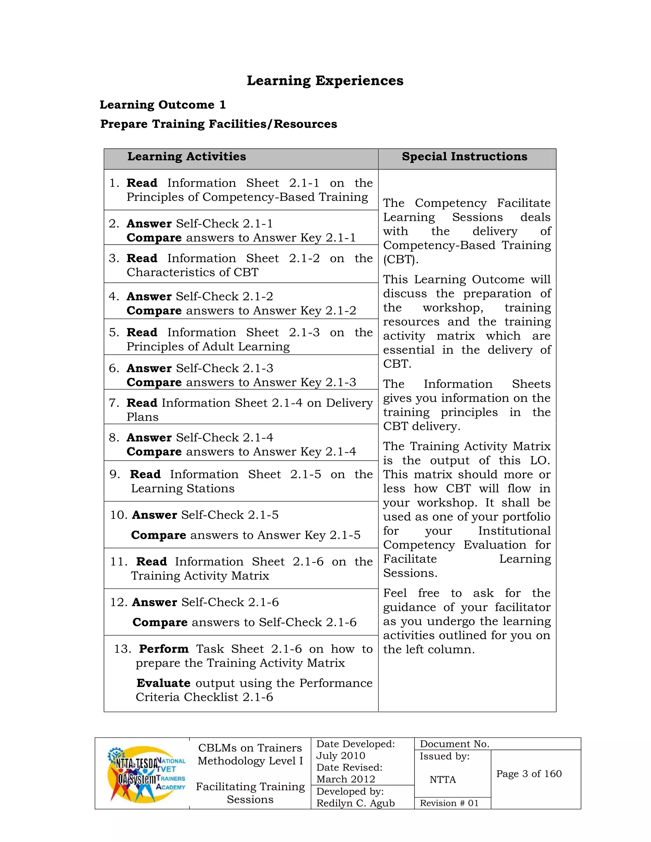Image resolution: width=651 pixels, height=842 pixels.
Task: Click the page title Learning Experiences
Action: tap(325, 81)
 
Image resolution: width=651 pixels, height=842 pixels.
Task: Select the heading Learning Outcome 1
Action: tap(162, 105)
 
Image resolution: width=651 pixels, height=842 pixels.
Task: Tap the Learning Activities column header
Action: tap(187, 157)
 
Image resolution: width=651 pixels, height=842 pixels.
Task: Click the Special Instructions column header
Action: tap(464, 157)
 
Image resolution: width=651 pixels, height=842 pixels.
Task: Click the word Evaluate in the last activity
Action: tap(163, 683)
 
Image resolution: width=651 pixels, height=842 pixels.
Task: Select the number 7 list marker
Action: tap(114, 403)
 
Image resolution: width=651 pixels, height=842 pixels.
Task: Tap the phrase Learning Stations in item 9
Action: tap(182, 488)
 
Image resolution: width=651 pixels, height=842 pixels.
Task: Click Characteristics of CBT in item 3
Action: tap(192, 272)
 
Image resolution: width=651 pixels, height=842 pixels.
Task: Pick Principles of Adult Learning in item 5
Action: tap(208, 347)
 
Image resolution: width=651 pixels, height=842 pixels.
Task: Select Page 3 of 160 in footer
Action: tap(529, 774)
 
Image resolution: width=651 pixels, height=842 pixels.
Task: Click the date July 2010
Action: tap(340, 756)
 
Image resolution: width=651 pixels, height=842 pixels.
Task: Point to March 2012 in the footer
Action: tap(346, 779)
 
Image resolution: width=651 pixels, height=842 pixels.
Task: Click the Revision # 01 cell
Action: tap(449, 803)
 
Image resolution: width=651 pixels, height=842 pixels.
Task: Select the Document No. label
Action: tap(454, 744)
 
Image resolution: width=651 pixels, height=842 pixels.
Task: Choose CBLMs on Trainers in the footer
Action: tap(250, 748)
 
